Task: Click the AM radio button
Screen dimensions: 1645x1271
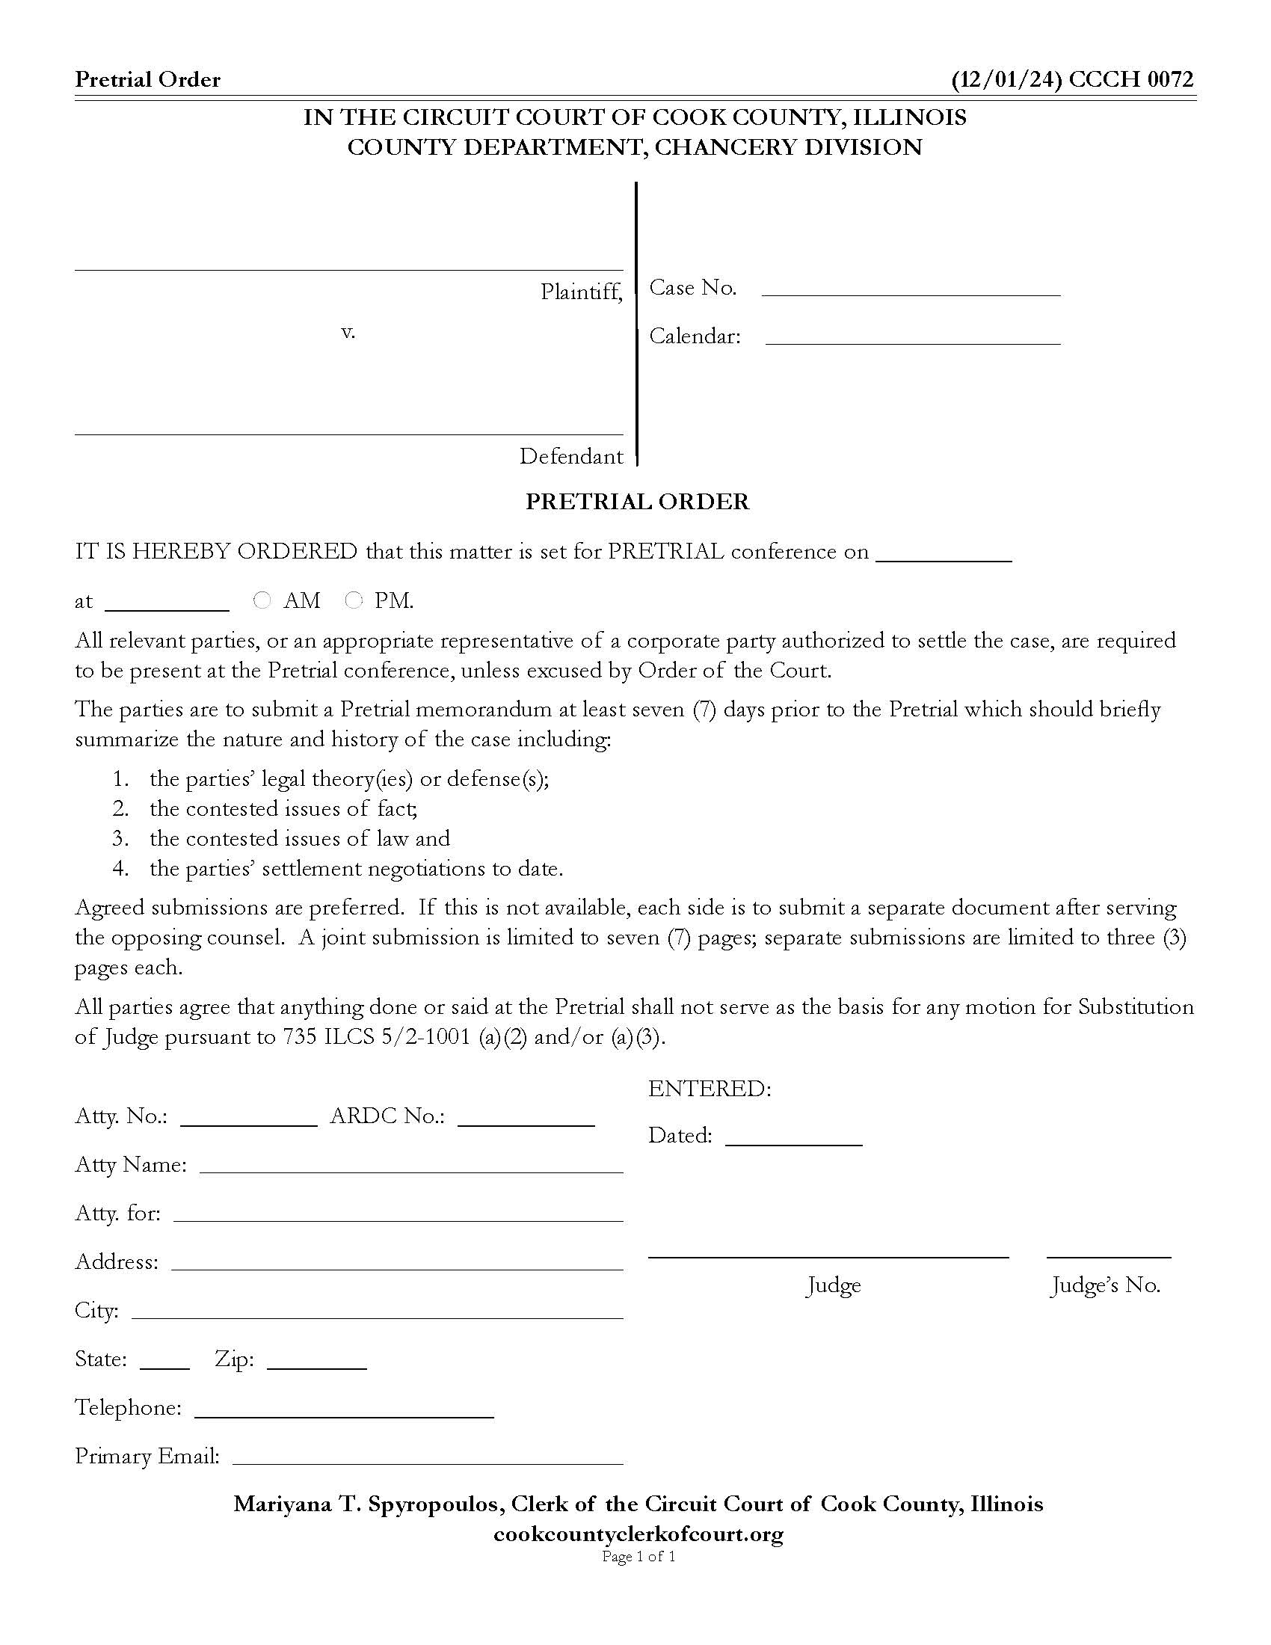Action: click(x=262, y=600)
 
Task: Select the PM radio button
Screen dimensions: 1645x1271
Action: click(x=353, y=600)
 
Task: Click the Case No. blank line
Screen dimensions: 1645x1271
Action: click(x=911, y=289)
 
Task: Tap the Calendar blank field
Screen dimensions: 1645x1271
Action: click(x=913, y=337)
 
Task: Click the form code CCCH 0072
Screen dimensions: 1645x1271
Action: click(x=1130, y=80)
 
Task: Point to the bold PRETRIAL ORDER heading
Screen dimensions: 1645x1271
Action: click(x=637, y=502)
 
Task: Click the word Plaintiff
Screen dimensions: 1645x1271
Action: click(x=580, y=292)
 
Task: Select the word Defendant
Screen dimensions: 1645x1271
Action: click(x=570, y=456)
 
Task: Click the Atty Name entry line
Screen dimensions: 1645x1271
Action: click(x=411, y=1166)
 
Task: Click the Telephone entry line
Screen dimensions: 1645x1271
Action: click(x=344, y=1411)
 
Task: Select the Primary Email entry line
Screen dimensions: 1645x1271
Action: click(x=428, y=1459)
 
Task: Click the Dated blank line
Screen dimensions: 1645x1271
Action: click(x=793, y=1138)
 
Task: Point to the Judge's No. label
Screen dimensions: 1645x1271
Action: click(x=1105, y=1285)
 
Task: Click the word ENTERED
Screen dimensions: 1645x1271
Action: click(x=710, y=1089)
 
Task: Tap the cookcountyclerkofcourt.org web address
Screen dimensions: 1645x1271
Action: click(x=638, y=1534)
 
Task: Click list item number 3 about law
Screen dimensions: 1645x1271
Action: click(x=299, y=838)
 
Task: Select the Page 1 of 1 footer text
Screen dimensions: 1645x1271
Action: click(x=638, y=1557)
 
